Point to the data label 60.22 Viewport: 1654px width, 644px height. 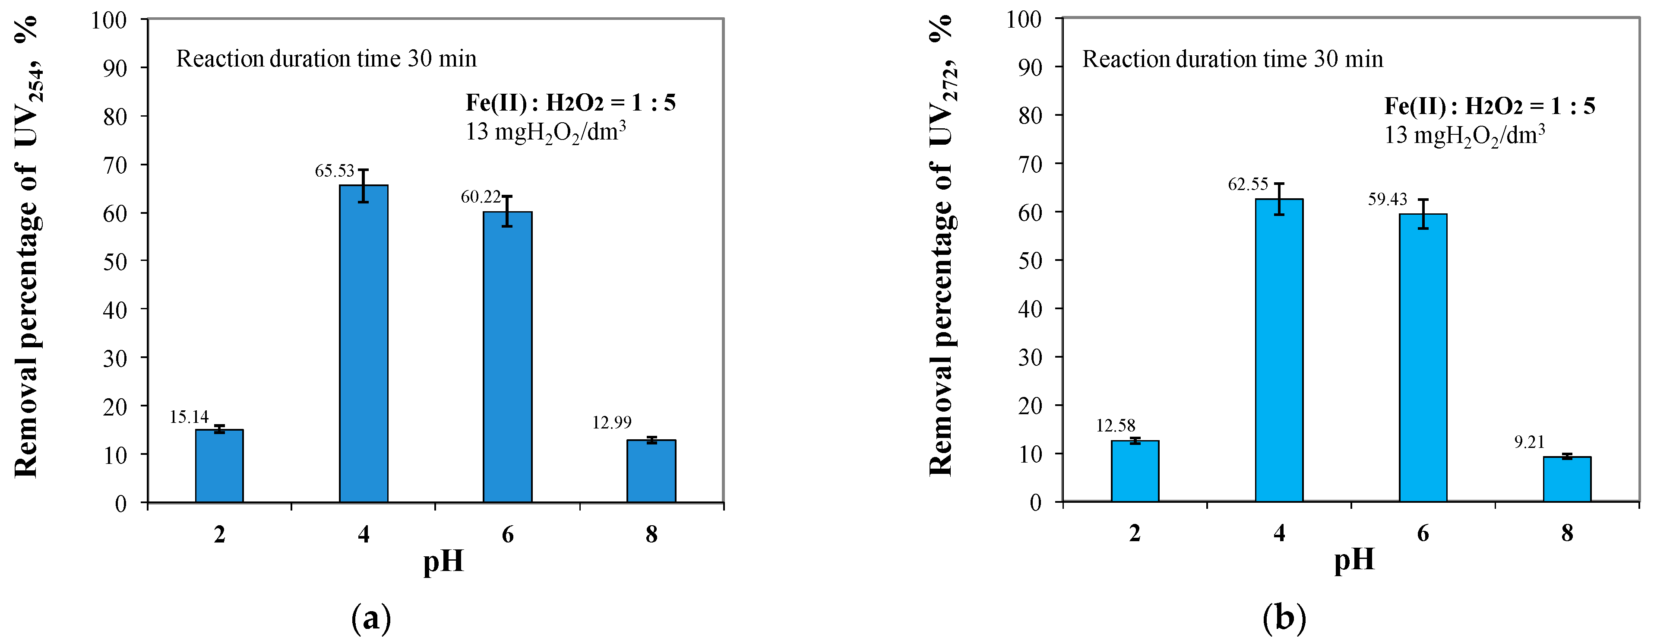tap(480, 197)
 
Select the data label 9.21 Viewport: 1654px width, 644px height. tap(1529, 442)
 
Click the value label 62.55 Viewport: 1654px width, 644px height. tap(1248, 185)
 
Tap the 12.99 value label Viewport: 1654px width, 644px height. tap(611, 422)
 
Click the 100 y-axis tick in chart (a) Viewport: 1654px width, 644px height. tap(108, 20)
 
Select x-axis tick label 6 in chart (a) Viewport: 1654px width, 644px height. tap(507, 534)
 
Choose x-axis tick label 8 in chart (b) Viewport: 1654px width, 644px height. tap(1567, 533)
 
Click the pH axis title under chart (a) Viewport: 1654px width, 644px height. tap(443, 561)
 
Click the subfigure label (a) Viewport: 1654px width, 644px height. tap(371, 619)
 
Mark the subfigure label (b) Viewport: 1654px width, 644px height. tap(1284, 619)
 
